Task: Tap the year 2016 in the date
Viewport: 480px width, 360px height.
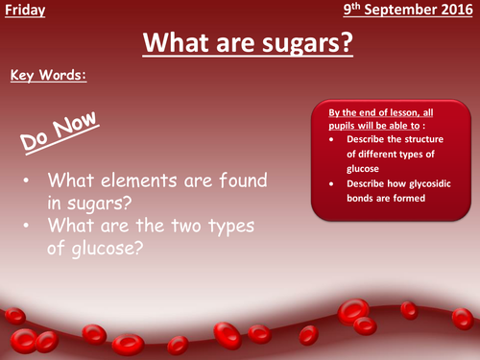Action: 456,12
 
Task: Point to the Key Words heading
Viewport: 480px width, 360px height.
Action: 47,74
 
